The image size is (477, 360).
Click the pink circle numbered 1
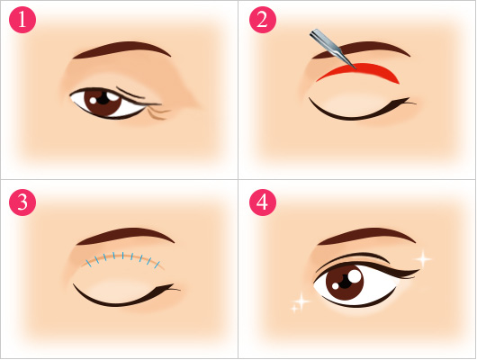(22, 20)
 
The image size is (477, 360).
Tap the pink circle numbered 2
(263, 20)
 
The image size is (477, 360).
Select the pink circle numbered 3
(22, 202)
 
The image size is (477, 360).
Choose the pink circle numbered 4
(263, 202)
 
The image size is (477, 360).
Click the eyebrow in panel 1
(121, 47)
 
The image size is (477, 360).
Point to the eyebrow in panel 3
(125, 234)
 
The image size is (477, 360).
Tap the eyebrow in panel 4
(366, 234)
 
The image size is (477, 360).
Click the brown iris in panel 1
(103, 103)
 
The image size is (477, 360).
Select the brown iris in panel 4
(345, 283)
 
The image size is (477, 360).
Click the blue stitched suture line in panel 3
(122, 256)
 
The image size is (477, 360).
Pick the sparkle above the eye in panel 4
(423, 259)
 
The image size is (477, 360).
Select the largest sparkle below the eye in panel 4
(301, 301)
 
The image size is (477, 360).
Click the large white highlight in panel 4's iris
(355, 276)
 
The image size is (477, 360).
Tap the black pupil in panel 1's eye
(103, 98)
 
